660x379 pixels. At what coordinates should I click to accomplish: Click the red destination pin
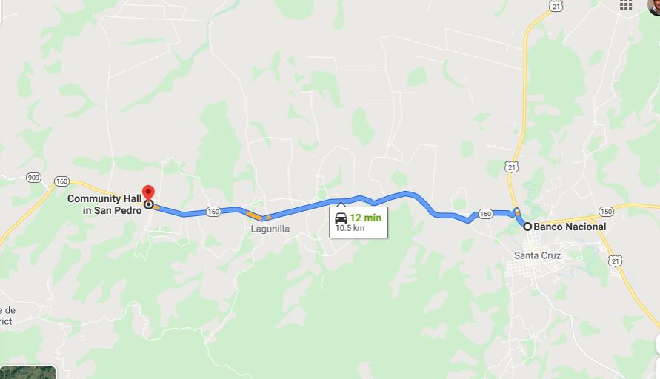(x=147, y=192)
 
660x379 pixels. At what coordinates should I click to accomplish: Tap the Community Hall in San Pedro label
(x=104, y=204)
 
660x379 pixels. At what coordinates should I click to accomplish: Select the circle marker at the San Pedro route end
(x=149, y=204)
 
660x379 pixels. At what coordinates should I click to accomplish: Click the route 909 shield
(x=33, y=178)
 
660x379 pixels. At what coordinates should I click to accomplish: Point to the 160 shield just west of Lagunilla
(x=213, y=212)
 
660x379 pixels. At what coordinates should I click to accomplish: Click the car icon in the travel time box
(x=341, y=218)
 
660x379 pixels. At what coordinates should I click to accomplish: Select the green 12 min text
(x=365, y=218)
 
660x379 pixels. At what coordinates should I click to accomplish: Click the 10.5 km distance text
(x=350, y=228)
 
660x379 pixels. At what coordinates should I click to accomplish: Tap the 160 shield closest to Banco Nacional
(x=485, y=214)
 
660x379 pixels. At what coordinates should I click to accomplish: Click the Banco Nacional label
(x=570, y=227)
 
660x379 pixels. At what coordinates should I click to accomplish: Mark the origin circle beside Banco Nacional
(x=527, y=227)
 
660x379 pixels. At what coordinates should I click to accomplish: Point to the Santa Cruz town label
(x=537, y=255)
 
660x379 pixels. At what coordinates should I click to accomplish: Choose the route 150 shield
(x=607, y=211)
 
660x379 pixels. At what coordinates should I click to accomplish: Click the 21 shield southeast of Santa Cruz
(x=616, y=261)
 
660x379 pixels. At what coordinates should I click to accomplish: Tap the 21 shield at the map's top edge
(x=556, y=5)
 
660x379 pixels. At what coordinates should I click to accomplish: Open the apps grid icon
(x=626, y=5)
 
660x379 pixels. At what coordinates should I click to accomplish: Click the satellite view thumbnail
(x=27, y=372)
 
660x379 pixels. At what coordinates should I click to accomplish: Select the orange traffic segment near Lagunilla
(x=255, y=216)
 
